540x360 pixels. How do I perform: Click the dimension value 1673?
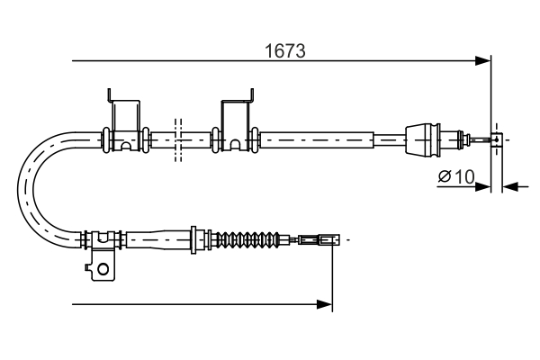(x=284, y=52)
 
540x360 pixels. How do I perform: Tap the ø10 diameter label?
(x=456, y=176)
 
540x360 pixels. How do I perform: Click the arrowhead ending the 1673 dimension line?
(x=484, y=61)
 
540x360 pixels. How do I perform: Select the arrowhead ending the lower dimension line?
(x=326, y=305)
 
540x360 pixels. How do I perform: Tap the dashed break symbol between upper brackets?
(x=178, y=139)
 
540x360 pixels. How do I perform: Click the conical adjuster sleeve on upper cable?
(x=425, y=139)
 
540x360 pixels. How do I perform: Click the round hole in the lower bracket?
(x=103, y=267)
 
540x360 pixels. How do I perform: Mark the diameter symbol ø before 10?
(x=445, y=176)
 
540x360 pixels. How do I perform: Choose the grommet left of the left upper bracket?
(x=106, y=139)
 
